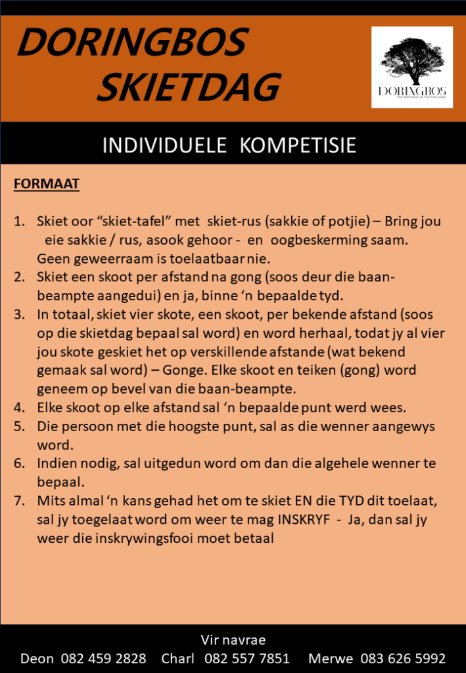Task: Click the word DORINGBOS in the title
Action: [131, 43]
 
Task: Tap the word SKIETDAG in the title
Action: [189, 87]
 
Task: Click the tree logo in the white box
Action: [412, 62]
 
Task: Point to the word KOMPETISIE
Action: [298, 145]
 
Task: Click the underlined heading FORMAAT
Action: [47, 183]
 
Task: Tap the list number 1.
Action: [20, 222]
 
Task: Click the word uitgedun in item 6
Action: [171, 464]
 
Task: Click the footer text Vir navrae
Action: [233, 639]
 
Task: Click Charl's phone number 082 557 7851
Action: [247, 659]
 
